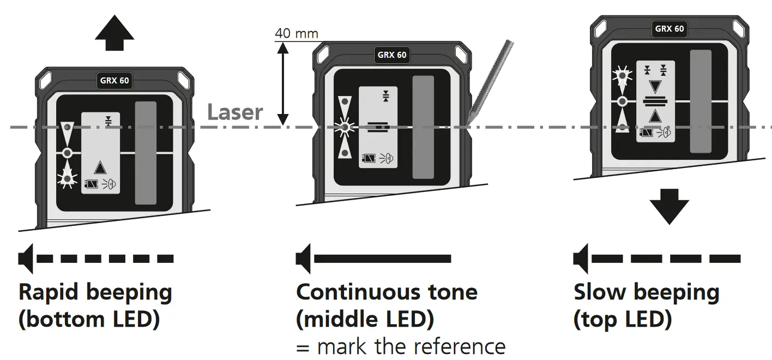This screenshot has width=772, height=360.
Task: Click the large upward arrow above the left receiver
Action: pos(114,35)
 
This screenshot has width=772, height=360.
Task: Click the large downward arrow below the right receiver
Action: pos(669,206)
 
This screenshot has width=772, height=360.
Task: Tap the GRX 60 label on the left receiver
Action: pos(114,81)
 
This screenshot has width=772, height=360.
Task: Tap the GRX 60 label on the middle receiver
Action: pos(392,55)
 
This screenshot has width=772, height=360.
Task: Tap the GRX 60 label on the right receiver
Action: pos(669,29)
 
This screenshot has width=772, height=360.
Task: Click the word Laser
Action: pos(235,112)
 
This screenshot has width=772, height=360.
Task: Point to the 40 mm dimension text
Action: pos(296,33)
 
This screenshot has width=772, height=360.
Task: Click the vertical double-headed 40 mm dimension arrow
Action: pos(282,82)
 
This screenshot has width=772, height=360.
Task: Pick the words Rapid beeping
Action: pos(95,292)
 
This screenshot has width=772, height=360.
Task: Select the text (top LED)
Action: pos(622,320)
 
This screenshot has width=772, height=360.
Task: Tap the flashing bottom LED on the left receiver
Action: pos(67,177)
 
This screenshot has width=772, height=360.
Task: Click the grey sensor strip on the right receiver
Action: pos(701,101)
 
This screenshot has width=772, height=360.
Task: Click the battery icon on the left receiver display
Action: pos(90,184)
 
